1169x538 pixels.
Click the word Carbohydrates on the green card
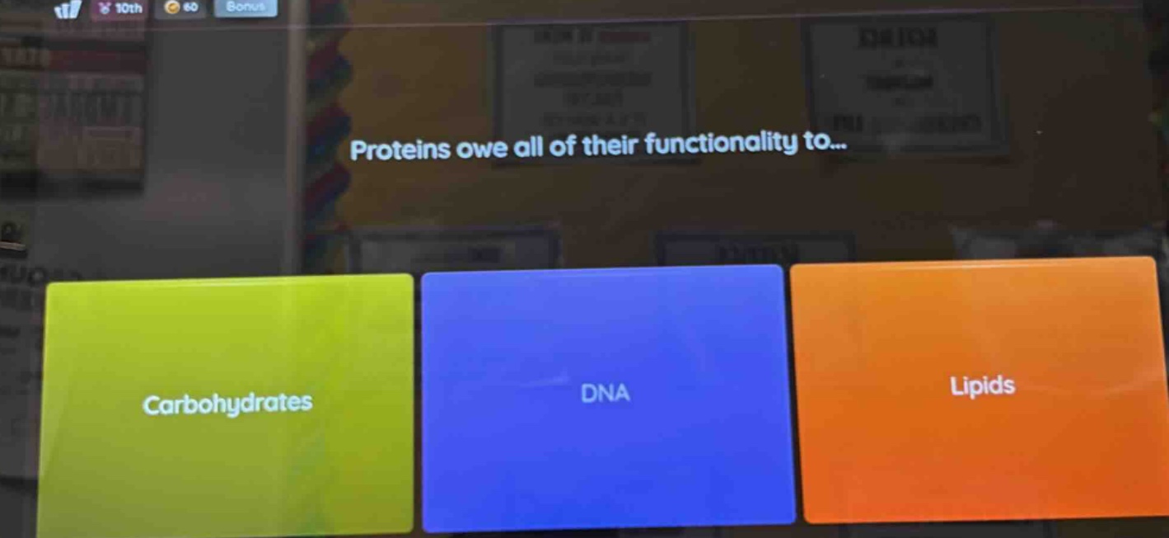point(227,404)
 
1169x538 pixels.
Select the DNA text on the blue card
point(605,393)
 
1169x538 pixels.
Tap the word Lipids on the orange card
point(982,386)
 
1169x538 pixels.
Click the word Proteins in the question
point(400,150)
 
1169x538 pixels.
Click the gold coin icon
point(171,8)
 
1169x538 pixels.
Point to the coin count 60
point(190,8)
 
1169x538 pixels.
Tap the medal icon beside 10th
point(105,9)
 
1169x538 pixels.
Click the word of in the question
point(563,147)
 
